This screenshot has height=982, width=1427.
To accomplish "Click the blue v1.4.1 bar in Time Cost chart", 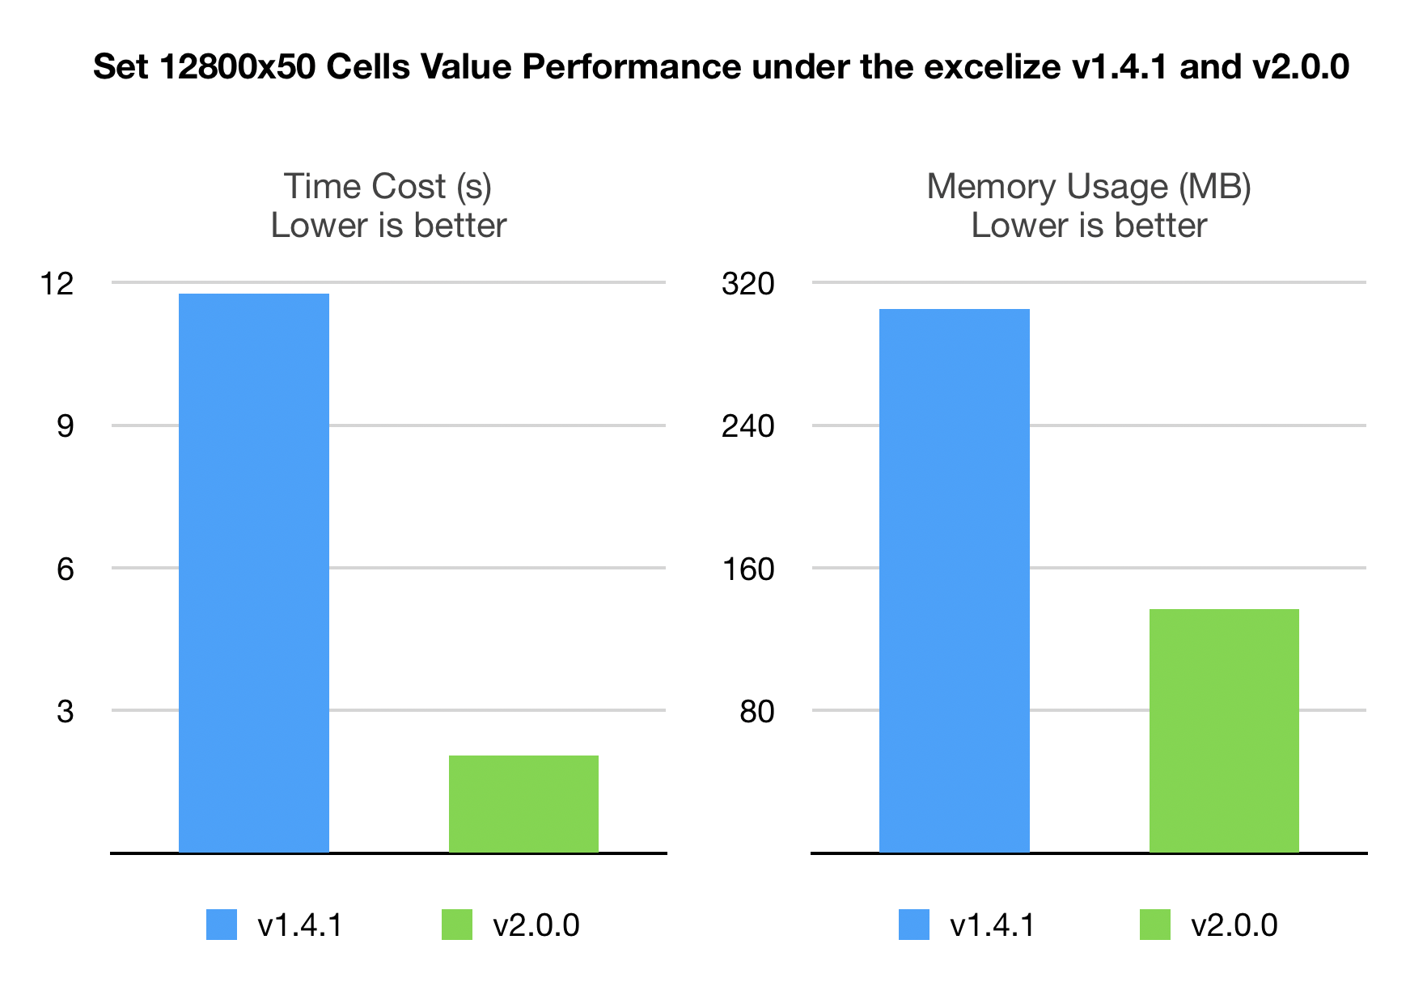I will (253, 573).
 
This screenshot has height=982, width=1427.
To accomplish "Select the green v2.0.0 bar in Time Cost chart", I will (523, 803).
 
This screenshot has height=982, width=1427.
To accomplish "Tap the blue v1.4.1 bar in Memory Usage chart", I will (954, 580).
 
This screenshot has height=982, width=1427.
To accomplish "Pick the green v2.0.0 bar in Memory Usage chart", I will (1224, 730).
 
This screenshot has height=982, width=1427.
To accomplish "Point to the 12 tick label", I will (57, 283).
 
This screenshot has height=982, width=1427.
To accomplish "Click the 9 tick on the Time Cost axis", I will (65, 425).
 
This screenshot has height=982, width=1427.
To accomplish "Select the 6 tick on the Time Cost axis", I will (65, 569).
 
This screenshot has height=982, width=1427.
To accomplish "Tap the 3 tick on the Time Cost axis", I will (65, 711).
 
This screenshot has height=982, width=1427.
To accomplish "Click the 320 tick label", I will (747, 283).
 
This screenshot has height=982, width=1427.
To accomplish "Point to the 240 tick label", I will (747, 425).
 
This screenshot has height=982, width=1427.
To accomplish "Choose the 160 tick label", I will (747, 569).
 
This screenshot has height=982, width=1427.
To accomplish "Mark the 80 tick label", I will (756, 711).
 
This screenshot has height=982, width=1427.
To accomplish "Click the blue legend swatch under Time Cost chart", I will (222, 925).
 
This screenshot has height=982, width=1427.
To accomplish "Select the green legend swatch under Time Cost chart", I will (457, 925).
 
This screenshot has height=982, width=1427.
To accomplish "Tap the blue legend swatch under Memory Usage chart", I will (914, 925).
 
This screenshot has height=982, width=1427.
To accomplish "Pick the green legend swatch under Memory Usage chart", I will (1154, 925).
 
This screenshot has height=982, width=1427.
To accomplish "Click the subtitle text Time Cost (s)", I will (387, 186).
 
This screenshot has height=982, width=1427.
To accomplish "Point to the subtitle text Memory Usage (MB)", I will (1089, 186).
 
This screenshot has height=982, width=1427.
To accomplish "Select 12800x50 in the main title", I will (237, 66).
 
